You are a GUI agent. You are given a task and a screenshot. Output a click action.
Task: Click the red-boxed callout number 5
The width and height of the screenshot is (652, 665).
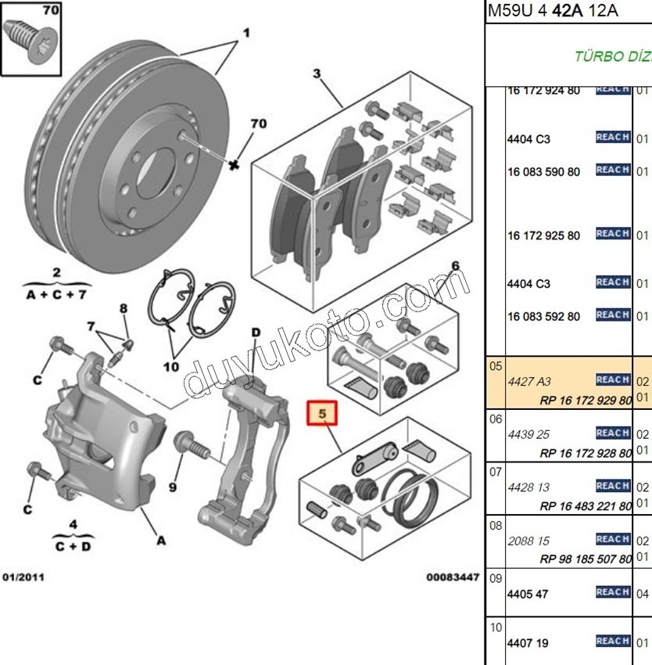(323, 412)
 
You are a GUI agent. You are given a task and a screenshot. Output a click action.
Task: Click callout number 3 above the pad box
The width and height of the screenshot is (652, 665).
(317, 74)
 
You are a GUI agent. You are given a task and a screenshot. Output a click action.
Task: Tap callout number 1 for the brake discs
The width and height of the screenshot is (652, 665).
(245, 33)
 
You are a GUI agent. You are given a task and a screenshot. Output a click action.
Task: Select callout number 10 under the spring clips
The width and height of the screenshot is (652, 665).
(170, 366)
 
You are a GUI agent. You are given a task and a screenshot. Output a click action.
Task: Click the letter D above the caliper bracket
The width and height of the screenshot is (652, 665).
(256, 332)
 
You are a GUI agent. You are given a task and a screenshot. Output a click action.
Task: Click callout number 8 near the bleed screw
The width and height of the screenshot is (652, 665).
(123, 308)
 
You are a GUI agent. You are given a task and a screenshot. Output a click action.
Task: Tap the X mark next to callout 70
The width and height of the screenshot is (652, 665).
(233, 165)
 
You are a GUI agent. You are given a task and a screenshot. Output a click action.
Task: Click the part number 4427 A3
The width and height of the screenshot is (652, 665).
(529, 381)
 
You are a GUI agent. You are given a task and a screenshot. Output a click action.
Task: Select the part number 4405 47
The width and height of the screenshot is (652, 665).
(528, 594)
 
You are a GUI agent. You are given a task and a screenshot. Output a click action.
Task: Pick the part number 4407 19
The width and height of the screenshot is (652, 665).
(528, 644)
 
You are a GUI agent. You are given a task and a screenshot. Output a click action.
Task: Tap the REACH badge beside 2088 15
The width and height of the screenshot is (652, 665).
(613, 539)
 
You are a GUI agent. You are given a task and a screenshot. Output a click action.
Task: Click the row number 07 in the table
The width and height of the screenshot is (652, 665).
(496, 473)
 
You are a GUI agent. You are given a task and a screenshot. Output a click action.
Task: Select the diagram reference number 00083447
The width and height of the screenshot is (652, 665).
(452, 577)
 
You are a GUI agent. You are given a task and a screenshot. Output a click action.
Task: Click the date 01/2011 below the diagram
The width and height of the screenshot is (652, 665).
(23, 577)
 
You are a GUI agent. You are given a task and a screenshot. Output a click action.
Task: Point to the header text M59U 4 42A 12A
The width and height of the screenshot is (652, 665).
(553, 10)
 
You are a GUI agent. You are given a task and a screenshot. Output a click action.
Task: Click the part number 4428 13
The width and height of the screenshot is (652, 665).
(528, 487)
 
